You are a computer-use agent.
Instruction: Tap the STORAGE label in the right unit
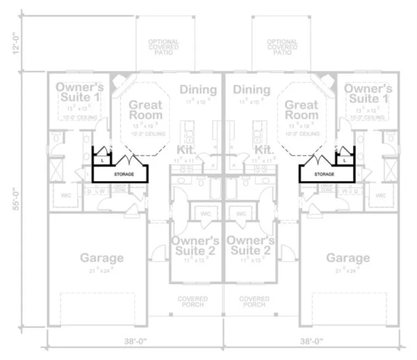click(x=324, y=175)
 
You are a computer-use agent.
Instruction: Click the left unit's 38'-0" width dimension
click(x=134, y=342)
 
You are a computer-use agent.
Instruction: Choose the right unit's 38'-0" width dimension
click(x=312, y=342)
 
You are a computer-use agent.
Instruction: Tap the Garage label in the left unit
click(x=102, y=258)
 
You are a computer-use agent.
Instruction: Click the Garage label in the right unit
click(x=348, y=258)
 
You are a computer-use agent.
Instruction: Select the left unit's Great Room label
click(x=145, y=110)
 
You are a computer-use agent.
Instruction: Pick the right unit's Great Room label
click(x=301, y=110)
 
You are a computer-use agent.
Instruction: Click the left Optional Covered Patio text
click(x=166, y=47)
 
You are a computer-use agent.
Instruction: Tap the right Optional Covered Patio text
click(x=282, y=47)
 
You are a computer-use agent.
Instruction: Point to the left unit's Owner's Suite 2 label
click(x=195, y=245)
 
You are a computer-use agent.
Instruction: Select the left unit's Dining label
click(x=198, y=89)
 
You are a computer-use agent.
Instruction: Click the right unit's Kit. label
click(x=263, y=149)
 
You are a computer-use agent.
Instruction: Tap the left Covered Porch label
click(x=192, y=301)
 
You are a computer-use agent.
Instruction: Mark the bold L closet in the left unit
click(x=103, y=160)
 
